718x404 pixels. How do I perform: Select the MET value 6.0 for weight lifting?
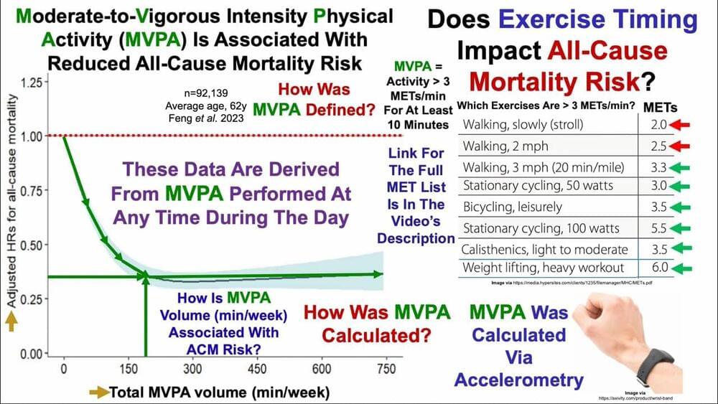[x=660, y=268]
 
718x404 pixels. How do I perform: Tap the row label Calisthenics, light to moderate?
[x=545, y=250]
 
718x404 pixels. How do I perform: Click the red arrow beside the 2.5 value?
[x=682, y=146]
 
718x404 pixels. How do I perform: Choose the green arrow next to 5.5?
[x=682, y=230]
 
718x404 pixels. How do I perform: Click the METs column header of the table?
[x=661, y=107]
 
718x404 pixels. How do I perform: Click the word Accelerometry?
[x=519, y=380]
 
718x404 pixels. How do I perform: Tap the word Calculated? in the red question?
[x=376, y=335]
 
